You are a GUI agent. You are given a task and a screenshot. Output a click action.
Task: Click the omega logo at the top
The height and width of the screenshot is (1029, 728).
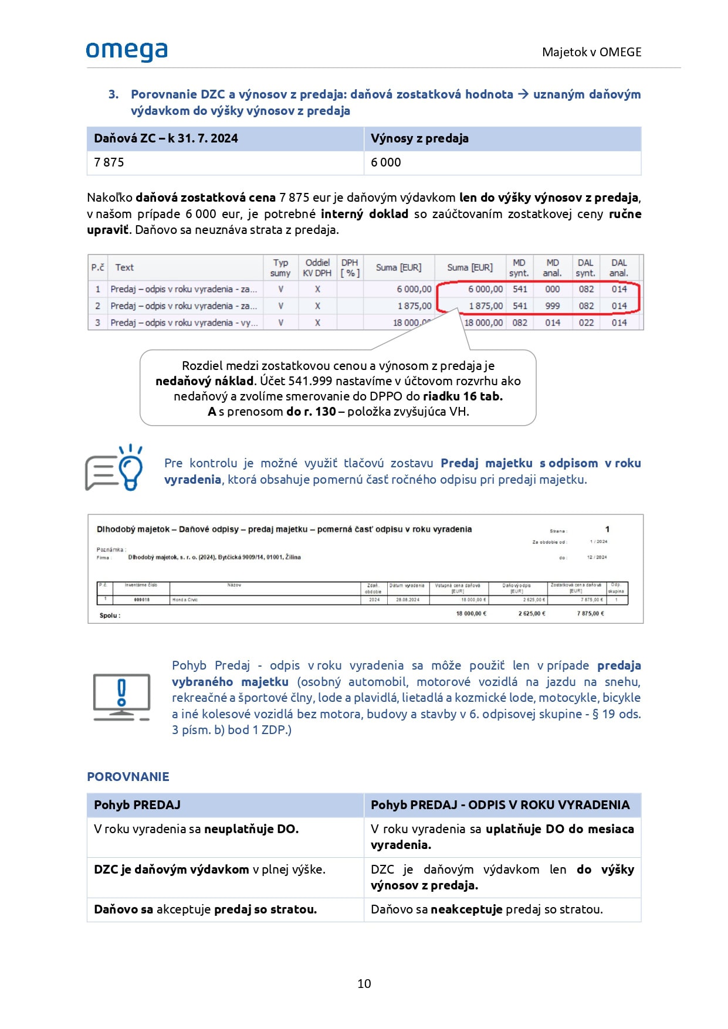point(127,52)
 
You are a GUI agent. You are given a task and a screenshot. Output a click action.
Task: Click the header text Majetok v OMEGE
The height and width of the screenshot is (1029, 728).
point(591,52)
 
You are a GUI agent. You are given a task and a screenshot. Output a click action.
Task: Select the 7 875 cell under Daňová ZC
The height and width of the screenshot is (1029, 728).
point(109,162)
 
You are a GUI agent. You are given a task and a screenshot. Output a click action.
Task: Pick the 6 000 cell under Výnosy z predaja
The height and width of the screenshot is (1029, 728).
point(386,162)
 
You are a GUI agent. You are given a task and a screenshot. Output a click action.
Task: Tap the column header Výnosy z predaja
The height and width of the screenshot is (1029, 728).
point(419,138)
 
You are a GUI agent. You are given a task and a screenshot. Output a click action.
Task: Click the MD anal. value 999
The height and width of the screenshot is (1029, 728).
point(553,306)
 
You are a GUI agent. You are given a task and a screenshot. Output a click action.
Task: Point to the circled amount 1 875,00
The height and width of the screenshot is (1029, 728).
point(485,306)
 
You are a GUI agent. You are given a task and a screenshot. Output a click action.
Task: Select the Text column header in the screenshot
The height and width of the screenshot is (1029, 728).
point(124,267)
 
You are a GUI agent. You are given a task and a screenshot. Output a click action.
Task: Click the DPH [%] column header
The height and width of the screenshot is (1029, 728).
point(350,267)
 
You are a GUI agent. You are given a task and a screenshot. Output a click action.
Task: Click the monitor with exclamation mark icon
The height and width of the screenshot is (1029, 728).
point(121,697)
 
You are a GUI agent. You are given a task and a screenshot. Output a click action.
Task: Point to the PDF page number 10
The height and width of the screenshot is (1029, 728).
point(364,983)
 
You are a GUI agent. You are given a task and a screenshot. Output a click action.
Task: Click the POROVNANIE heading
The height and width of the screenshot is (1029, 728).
point(128,777)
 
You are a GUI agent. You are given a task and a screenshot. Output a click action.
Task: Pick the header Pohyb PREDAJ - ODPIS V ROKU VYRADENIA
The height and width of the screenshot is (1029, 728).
point(500,805)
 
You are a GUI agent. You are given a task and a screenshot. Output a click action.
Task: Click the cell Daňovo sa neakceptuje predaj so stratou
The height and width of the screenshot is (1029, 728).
point(486,909)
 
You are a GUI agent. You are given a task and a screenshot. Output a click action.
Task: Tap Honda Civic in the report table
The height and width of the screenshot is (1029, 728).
point(185,600)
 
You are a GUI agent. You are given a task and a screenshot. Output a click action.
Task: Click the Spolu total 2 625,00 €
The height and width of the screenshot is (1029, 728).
point(531,614)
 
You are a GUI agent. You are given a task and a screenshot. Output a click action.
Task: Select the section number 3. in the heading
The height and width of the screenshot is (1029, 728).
point(113,94)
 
